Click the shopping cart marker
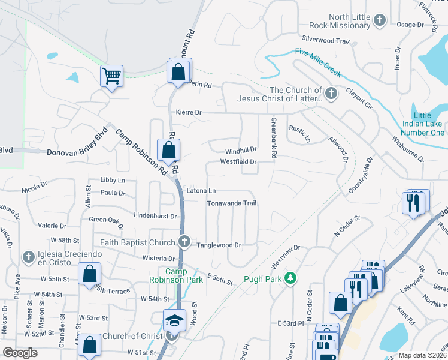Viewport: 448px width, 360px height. [111, 76]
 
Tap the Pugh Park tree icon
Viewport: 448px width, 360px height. [290, 278]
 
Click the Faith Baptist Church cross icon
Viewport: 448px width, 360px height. [185, 242]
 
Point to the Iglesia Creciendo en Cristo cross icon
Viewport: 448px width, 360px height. [28, 257]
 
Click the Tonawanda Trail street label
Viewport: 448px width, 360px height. [232, 203]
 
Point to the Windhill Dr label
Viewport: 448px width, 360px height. [241, 151]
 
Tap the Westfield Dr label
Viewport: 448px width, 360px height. [238, 162]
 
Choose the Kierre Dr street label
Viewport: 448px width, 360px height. [189, 112]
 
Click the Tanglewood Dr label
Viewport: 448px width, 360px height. [219, 245]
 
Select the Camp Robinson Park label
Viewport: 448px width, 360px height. [177, 276]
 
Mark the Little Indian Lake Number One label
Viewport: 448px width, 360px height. [429, 124]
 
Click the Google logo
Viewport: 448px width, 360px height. [20, 353]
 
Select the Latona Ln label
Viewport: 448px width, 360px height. [201, 190]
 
